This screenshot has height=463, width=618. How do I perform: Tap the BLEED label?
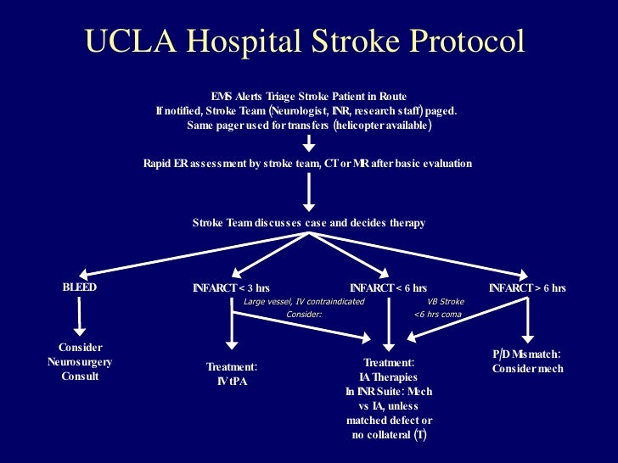(x=80, y=287)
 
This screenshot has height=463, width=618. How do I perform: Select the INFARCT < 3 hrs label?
(x=231, y=288)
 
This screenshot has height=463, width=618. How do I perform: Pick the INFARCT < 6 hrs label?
(x=388, y=288)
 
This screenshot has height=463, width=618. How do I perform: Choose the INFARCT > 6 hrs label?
(x=527, y=288)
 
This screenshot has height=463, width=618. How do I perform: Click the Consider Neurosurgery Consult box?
(x=80, y=362)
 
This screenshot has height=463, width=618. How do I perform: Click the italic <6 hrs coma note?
(x=437, y=315)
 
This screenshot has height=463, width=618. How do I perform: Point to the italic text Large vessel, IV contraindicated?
(x=304, y=301)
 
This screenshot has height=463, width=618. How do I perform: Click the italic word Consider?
(x=304, y=315)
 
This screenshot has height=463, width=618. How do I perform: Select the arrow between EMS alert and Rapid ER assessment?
(x=310, y=144)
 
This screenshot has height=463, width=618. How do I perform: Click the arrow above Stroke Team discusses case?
(x=310, y=192)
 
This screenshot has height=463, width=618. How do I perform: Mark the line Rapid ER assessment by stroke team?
(x=307, y=163)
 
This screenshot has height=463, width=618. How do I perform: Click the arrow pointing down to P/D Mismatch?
(x=527, y=318)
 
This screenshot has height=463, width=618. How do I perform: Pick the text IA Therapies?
(x=388, y=377)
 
